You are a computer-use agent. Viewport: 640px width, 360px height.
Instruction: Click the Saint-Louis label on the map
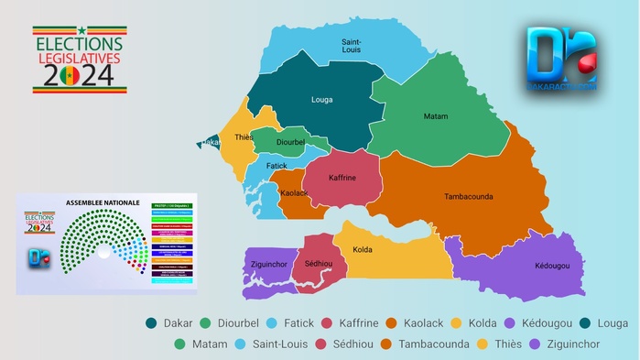[x=351, y=47]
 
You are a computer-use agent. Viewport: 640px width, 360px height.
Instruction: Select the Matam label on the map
[x=436, y=116]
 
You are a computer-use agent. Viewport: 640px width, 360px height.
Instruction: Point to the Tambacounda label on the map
[x=470, y=196]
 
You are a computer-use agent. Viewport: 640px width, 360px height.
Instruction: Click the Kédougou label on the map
[x=552, y=266]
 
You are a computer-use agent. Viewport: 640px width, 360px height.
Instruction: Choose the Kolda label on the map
[x=363, y=249]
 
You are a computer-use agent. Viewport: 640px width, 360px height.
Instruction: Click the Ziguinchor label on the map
[x=270, y=265]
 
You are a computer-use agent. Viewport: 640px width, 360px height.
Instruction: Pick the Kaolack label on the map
[x=294, y=192]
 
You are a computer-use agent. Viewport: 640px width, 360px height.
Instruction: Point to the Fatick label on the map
[x=277, y=166]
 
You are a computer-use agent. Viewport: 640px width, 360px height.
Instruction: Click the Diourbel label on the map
[x=290, y=142]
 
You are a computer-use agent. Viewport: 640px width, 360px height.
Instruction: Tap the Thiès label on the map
[x=244, y=137]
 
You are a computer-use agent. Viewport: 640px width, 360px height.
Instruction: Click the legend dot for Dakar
[x=151, y=323]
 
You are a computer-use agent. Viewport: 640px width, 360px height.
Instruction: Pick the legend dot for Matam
[x=180, y=344]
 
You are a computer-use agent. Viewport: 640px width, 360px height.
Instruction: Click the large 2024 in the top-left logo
[x=80, y=75]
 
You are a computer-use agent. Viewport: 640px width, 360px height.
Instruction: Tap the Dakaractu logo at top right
[x=561, y=57]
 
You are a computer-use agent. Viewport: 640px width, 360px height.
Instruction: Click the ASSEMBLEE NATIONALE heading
[x=103, y=202]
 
